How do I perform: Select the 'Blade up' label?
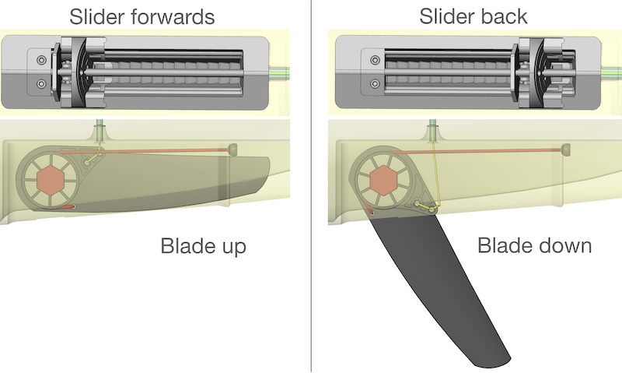[x=203, y=247]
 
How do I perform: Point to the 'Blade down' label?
[x=535, y=247]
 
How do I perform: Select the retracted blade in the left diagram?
[x=194, y=179]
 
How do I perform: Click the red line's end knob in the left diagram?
[x=232, y=148]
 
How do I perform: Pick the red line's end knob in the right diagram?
[x=565, y=148]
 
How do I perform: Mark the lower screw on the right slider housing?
[x=375, y=83]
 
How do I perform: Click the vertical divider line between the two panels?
[x=311, y=187]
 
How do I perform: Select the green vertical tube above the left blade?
[x=99, y=130]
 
